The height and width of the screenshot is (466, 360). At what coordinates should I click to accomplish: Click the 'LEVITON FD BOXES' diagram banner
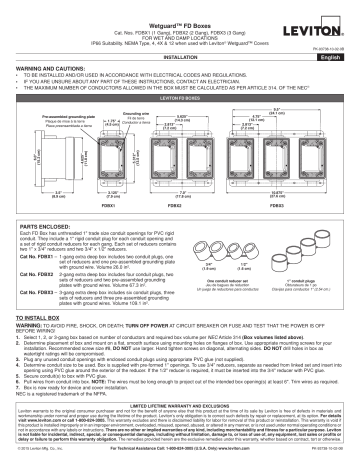click(180, 99)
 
